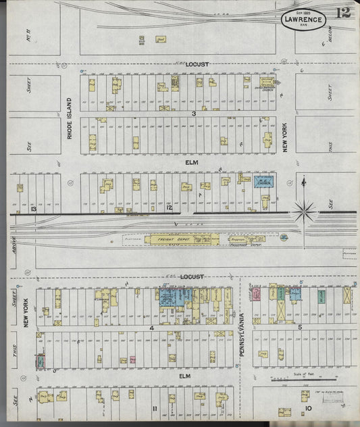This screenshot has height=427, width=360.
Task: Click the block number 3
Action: click(x=195, y=114)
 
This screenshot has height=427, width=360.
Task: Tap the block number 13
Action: click(x=33, y=209)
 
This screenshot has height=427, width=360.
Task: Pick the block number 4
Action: click(x=152, y=328)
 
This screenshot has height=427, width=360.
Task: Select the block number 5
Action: click(x=299, y=327)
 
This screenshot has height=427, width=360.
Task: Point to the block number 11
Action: click(x=155, y=409)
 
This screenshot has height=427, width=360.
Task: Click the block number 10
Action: click(x=307, y=409)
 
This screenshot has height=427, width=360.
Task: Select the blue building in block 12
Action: click(x=263, y=182)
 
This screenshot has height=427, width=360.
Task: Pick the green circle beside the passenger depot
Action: click(x=284, y=237)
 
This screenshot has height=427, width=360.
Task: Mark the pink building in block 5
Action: click(x=256, y=294)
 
